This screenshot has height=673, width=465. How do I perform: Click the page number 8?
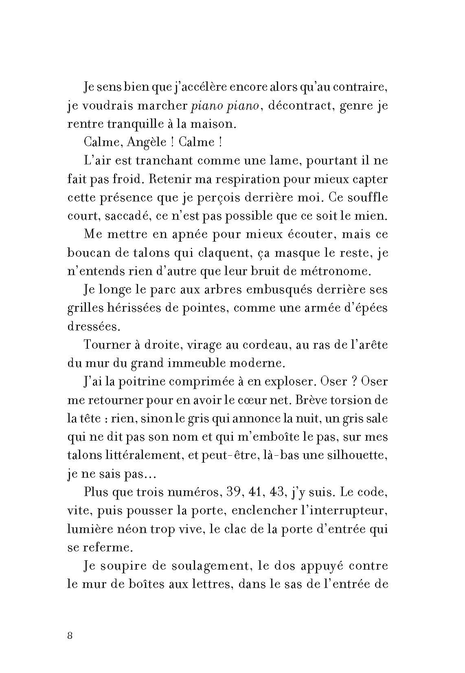point(70,636)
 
